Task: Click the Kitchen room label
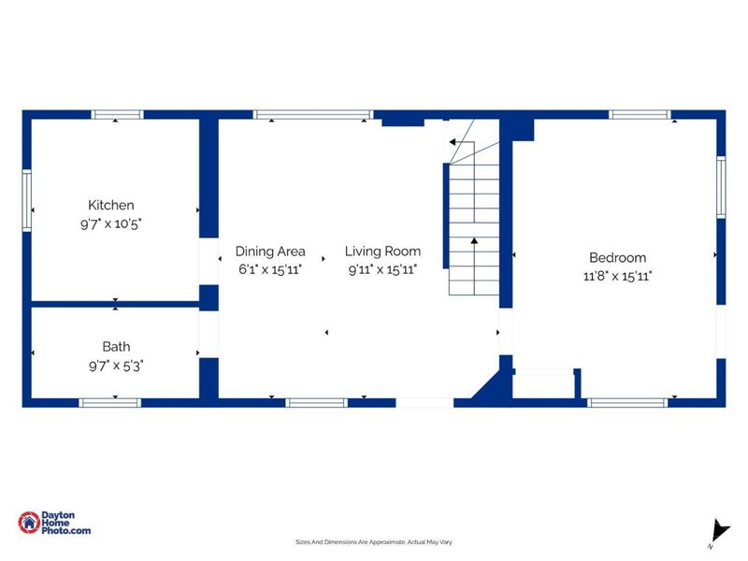[110, 205]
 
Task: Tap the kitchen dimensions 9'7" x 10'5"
[110, 223]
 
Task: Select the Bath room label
[116, 347]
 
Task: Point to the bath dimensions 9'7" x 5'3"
[116, 366]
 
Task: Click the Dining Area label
[270, 252]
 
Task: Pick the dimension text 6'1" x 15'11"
[270, 269]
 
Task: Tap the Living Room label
[382, 252]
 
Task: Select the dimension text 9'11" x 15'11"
[382, 269]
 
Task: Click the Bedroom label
[618, 258]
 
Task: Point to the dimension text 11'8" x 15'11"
[618, 276]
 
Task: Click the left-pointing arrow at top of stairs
[453, 142]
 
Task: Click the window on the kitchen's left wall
[27, 200]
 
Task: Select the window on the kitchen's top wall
[117, 114]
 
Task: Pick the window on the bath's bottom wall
[109, 403]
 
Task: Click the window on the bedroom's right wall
[721, 188]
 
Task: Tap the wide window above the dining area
[313, 114]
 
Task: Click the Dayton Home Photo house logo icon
[29, 523]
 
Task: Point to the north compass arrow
[719, 531]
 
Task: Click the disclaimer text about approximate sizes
[374, 542]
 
